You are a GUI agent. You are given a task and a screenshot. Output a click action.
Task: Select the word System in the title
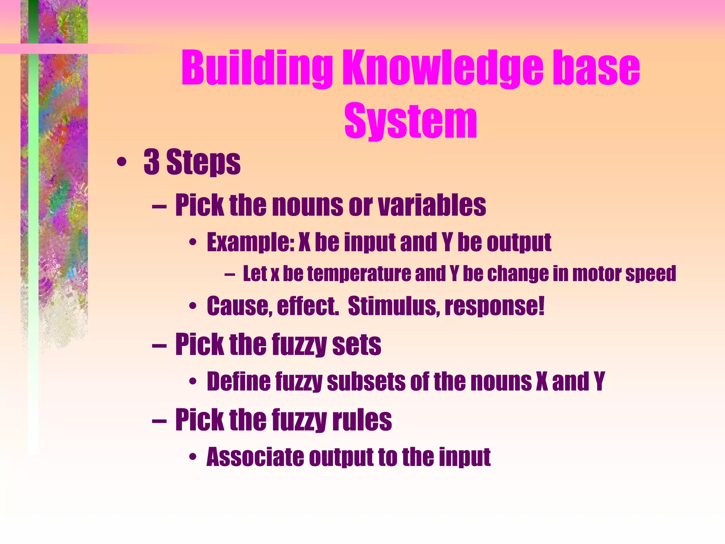pyautogui.click(x=411, y=120)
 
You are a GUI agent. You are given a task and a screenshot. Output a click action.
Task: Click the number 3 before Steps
pyautogui.click(x=152, y=162)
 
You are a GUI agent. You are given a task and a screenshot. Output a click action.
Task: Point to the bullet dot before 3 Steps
pyautogui.click(x=121, y=163)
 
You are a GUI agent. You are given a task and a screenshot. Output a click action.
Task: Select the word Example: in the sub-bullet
pyautogui.click(x=251, y=243)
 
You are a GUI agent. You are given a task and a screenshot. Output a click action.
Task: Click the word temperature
pyautogui.click(x=358, y=274)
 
